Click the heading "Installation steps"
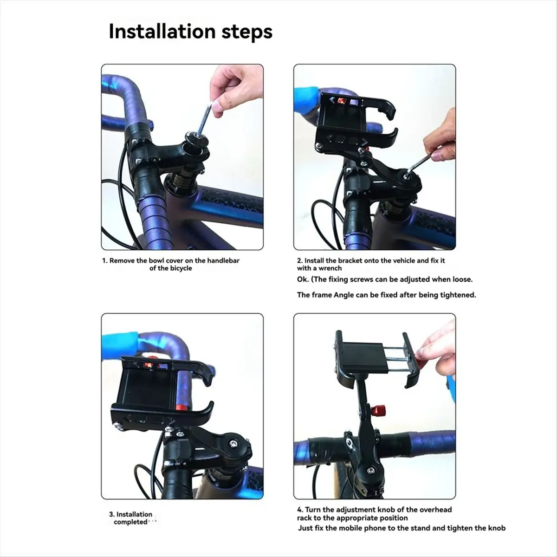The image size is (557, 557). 190,32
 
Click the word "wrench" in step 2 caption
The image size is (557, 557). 330,268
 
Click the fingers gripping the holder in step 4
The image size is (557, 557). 434,346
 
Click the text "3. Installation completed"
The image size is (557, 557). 130,518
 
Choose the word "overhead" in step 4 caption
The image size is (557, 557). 435,509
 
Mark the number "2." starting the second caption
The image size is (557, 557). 300,260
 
